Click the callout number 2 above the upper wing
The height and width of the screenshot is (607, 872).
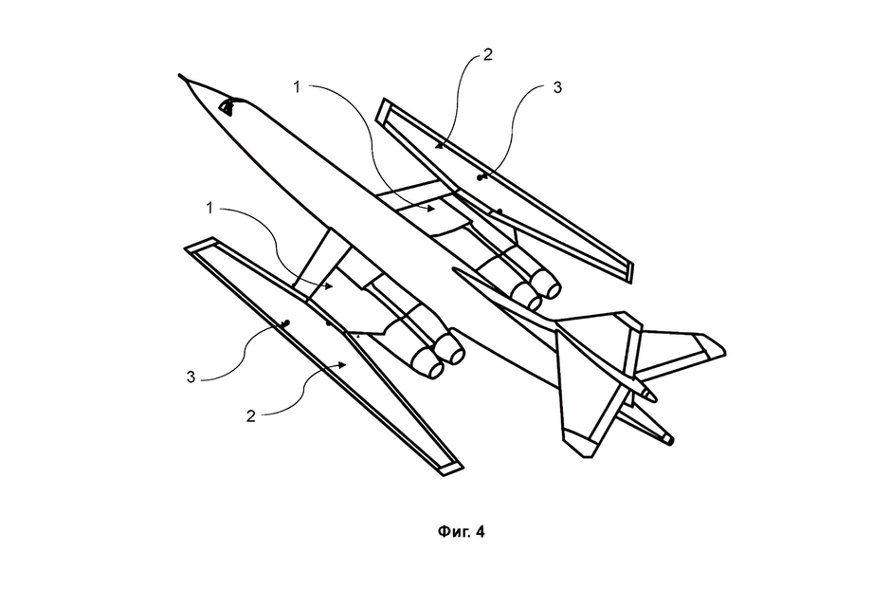(x=488, y=54)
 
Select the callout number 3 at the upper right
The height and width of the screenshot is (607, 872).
(x=557, y=87)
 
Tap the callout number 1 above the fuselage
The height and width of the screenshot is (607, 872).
(x=297, y=87)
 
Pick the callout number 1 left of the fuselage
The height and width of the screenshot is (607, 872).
(x=209, y=208)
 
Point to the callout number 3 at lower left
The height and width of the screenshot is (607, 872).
(x=191, y=377)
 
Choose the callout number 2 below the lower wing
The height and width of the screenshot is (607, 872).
(x=251, y=416)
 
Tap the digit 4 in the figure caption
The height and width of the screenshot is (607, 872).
(x=480, y=532)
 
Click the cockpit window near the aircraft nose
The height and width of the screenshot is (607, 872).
(x=227, y=106)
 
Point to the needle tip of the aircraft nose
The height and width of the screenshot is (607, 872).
(x=179, y=74)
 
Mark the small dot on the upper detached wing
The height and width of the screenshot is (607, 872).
(x=480, y=177)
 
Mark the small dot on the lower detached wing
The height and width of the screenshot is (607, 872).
(x=286, y=323)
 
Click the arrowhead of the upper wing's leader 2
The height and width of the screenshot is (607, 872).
(x=439, y=146)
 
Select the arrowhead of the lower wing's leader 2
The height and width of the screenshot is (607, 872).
(x=343, y=364)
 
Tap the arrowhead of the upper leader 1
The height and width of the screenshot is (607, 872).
(x=430, y=210)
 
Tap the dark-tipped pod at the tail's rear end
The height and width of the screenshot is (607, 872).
(x=666, y=438)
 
